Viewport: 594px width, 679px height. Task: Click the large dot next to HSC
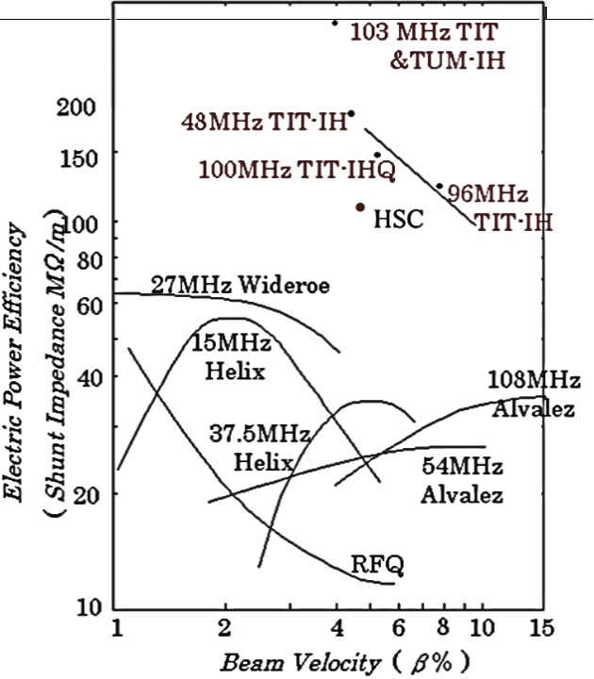pyautogui.click(x=360, y=207)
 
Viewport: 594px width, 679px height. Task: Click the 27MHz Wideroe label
pyautogui.click(x=239, y=284)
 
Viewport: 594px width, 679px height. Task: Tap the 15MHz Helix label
pyautogui.click(x=232, y=356)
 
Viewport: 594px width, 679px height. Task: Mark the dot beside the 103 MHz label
pyautogui.click(x=335, y=23)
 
